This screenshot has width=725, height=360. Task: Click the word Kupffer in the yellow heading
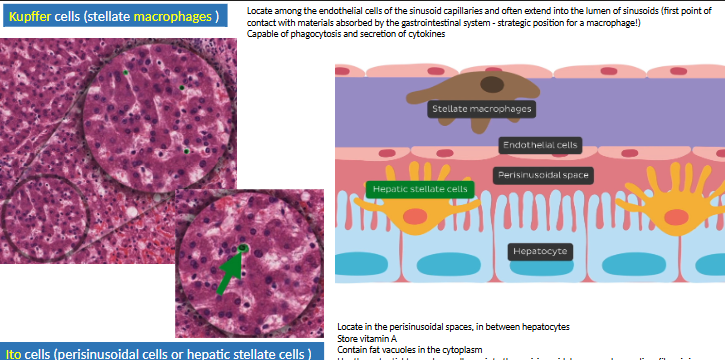pyautogui.click(x=32, y=18)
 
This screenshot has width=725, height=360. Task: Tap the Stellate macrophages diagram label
pyautogui.click(x=480, y=108)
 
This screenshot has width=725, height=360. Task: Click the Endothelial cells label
pyautogui.click(x=540, y=145)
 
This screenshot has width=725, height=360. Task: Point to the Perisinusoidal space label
pyautogui.click(x=544, y=175)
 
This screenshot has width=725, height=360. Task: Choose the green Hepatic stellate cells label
pyautogui.click(x=418, y=188)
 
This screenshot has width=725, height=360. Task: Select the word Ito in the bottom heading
pyautogui.click(x=14, y=353)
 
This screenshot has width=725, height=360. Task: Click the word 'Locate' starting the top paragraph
pyautogui.click(x=259, y=10)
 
